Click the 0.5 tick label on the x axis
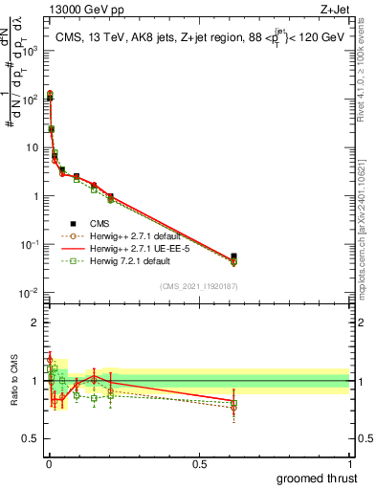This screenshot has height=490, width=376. point(198,463)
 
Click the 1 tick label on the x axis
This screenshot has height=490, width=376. point(349,463)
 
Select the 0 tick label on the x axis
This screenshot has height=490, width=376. point(48,463)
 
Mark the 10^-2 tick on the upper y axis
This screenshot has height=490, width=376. point(29,293)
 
